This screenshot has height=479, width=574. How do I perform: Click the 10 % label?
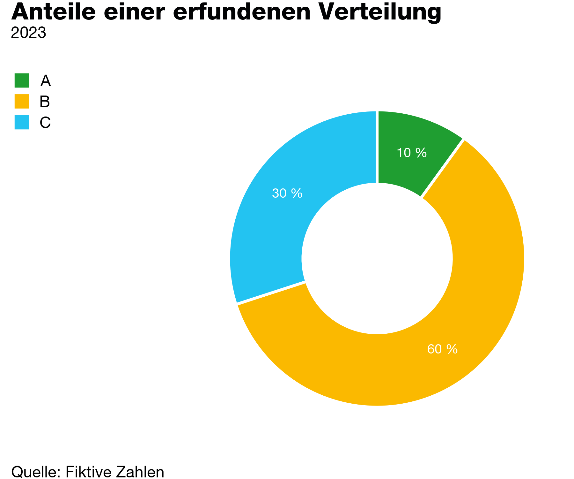(x=411, y=153)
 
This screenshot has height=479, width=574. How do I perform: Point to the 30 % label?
(x=287, y=194)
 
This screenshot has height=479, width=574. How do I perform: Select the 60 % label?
(x=442, y=349)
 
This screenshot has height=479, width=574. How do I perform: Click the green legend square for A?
(x=22, y=80)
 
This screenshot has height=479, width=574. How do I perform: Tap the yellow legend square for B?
(x=22, y=101)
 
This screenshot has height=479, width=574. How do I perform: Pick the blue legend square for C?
(x=22, y=122)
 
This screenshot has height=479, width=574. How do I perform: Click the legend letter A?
(x=45, y=81)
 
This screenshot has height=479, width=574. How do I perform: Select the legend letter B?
(x=45, y=102)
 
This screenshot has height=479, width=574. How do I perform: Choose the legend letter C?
(x=45, y=123)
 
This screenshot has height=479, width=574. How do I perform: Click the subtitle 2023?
(x=28, y=33)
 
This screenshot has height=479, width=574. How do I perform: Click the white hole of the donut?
(x=377, y=259)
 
